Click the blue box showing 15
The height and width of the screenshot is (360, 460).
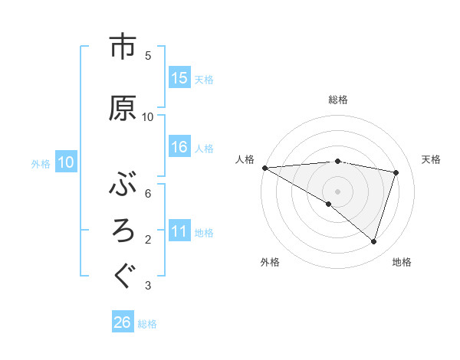click(x=179, y=79)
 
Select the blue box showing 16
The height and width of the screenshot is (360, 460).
click(x=179, y=148)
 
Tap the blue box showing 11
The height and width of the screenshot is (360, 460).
click(x=179, y=231)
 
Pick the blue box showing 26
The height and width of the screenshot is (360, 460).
click(x=123, y=322)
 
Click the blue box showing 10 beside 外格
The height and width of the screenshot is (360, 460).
click(x=66, y=162)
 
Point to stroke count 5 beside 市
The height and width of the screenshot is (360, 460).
click(x=148, y=56)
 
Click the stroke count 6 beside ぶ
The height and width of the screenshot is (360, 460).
click(x=148, y=194)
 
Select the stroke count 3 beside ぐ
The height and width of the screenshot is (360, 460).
click(x=148, y=286)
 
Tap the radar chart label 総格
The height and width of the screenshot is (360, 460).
click(x=337, y=100)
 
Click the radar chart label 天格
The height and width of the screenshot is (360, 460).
click(x=431, y=159)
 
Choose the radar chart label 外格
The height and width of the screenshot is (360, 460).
click(x=270, y=262)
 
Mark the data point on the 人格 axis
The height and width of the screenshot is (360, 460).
click(x=264, y=168)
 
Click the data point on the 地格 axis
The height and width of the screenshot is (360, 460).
click(x=373, y=241)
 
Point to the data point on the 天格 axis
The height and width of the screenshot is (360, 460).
click(x=396, y=172)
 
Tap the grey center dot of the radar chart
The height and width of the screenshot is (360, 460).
click(x=337, y=191)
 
